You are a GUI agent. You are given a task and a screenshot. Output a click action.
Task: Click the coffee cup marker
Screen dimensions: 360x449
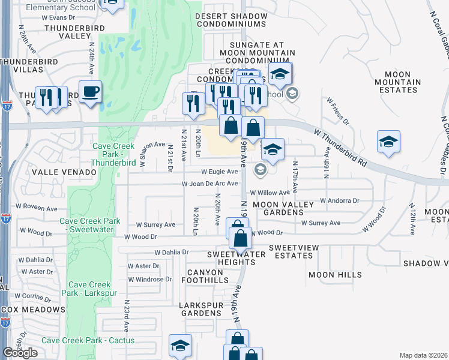pos(90,92)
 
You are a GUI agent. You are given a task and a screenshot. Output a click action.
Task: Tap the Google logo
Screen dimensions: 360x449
pos(20,353)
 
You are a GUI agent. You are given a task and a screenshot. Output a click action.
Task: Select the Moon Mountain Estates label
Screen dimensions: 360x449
pos(397,82)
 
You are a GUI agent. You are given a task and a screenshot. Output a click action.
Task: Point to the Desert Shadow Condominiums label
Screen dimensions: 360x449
pos(230,20)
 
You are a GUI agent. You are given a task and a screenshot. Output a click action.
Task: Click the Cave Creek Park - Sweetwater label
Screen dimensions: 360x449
pos(90,225)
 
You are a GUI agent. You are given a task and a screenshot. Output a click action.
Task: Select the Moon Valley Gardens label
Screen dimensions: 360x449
pos(283,209)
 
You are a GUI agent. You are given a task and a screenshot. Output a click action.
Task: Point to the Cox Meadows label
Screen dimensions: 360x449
pos(33,310)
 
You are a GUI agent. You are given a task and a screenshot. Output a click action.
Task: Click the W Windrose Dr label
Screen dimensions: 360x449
pos(150,279)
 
